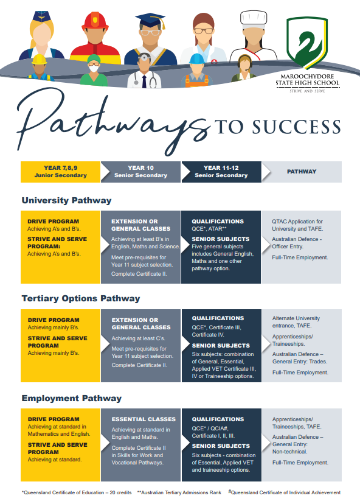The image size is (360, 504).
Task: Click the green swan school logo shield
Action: point(307,43)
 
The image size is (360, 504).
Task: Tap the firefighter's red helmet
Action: point(95,21)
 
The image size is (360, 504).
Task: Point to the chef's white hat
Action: point(254,19)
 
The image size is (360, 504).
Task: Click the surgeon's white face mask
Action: point(94,68)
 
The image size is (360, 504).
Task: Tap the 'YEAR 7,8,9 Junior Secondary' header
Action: point(60,172)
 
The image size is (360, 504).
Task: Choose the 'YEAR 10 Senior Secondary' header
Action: point(140,172)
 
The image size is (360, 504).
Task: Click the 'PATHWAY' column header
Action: point(302,172)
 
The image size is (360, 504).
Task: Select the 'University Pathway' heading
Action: point(66,201)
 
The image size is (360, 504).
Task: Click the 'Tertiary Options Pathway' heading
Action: point(81,299)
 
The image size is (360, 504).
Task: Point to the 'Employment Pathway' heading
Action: point(72,398)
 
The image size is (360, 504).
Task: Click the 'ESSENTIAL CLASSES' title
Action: point(144,419)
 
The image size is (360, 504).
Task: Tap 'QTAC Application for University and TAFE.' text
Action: point(297,225)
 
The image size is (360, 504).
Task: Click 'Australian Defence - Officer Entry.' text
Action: point(297,243)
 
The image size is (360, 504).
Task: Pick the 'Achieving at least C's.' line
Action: point(139,338)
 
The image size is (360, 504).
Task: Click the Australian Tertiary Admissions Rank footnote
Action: point(179,492)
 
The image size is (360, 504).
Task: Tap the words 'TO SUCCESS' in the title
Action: point(277,127)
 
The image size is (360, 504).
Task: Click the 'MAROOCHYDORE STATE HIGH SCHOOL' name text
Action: point(307,80)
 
